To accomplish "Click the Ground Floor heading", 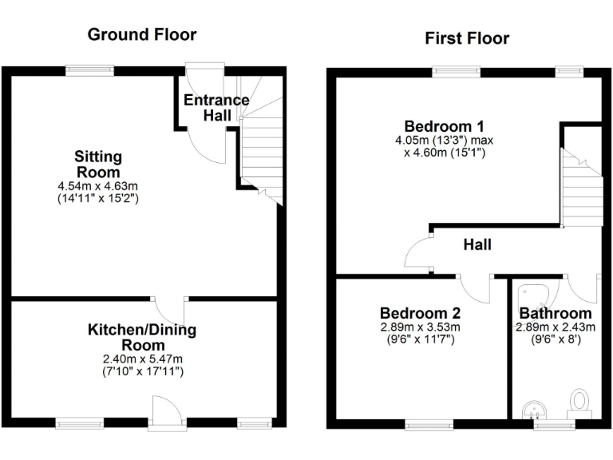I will point(141,34).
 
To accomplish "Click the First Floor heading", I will point(467,38).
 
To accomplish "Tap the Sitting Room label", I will point(98,164).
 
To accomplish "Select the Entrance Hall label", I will point(216,108).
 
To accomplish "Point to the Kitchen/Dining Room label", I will point(142,337).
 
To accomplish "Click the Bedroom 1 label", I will point(445,126).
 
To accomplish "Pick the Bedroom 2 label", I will point(420,313).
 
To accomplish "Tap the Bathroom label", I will point(556,313).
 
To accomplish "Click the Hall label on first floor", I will point(477,244).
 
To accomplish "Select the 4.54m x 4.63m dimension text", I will point(98,186).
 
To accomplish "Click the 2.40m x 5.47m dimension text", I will point(142,359).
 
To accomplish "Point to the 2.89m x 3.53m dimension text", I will point(420,327).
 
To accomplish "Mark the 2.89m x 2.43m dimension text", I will point(556,327).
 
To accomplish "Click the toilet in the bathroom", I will point(579,400).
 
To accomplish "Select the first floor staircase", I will point(581,188).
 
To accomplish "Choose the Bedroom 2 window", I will point(429,425).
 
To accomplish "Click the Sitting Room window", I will point(85,70).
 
